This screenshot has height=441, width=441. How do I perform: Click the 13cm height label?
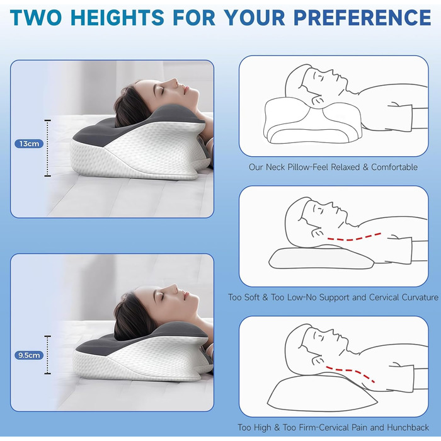coord(29,144)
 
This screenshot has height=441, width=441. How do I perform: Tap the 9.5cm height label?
coord(29,355)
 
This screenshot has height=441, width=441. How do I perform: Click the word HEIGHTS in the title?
coord(117,18)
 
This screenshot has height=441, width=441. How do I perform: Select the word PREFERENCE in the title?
coord(362,18)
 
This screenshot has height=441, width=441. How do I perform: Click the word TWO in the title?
coord(36,18)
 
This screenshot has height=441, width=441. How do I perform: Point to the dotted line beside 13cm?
coord(48,148)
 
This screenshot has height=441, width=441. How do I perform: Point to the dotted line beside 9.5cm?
coord(48,355)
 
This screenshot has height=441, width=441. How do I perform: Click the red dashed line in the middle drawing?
coord(354,238)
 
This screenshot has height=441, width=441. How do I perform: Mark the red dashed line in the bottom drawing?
coord(350,372)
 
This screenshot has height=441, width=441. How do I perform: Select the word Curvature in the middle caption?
coord(420,297)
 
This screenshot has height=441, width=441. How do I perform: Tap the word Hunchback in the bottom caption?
coord(408,428)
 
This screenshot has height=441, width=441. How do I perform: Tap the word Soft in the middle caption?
coord(250,297)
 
